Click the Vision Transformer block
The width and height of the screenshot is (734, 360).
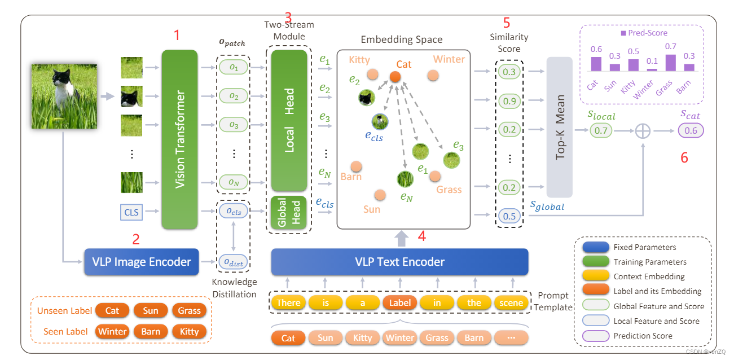179,139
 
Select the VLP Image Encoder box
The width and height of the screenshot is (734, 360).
141,262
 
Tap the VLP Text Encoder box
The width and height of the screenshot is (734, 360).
399,262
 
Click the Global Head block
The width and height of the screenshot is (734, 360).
289,212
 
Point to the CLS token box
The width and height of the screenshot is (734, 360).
131,212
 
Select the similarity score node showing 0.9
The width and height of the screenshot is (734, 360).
509,101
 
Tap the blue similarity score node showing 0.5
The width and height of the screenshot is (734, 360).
509,216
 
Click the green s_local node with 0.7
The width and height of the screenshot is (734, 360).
601,131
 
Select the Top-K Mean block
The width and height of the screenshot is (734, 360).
561,127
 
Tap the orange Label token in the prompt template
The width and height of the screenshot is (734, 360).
400,302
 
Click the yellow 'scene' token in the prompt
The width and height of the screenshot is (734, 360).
512,302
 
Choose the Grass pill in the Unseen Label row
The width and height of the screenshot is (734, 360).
189,311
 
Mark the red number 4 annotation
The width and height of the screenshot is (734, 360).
421,236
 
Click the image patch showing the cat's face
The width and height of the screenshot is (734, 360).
131,96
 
